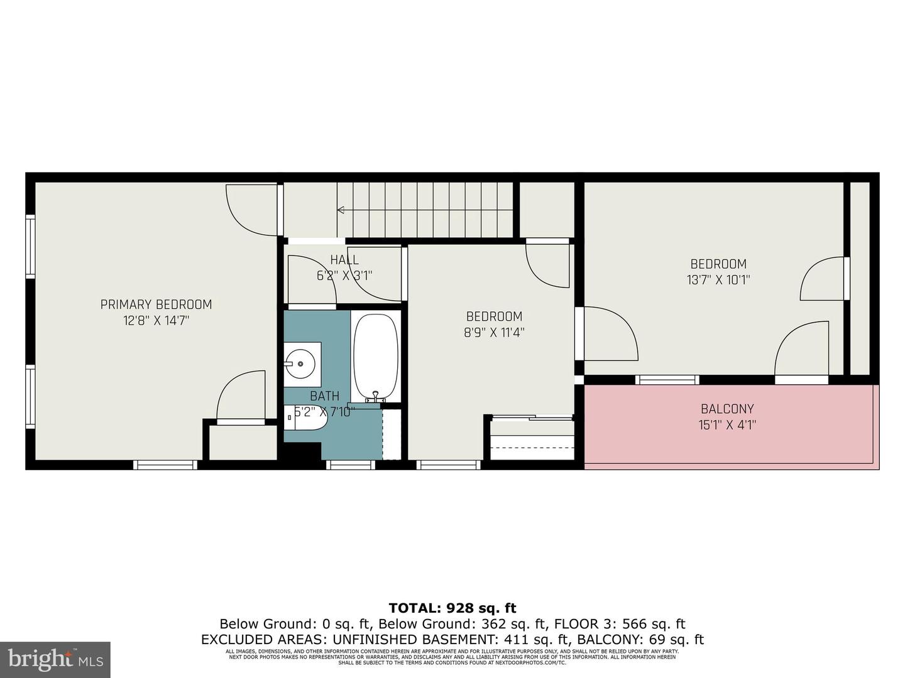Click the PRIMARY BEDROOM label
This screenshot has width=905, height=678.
pyautogui.click(x=156, y=304)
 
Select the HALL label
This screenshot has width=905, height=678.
pyautogui.click(x=344, y=260)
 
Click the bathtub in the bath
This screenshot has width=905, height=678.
pyautogui.click(x=375, y=357)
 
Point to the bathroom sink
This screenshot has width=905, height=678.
pyautogui.click(x=302, y=363)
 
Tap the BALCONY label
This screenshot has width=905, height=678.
pyautogui.click(x=727, y=409)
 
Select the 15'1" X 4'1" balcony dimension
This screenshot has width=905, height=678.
pyautogui.click(x=727, y=425)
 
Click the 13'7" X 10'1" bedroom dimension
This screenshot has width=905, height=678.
pyautogui.click(x=718, y=280)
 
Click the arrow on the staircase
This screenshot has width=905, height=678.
pyautogui.click(x=341, y=210)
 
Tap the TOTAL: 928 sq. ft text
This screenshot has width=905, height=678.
pyautogui.click(x=452, y=608)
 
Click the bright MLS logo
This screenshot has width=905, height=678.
pyautogui.click(x=55, y=659)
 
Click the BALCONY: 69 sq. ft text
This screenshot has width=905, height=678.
pyautogui.click(x=640, y=640)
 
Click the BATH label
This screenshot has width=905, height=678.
pyautogui.click(x=324, y=396)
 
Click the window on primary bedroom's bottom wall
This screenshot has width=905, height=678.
pyautogui.click(x=165, y=465)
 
